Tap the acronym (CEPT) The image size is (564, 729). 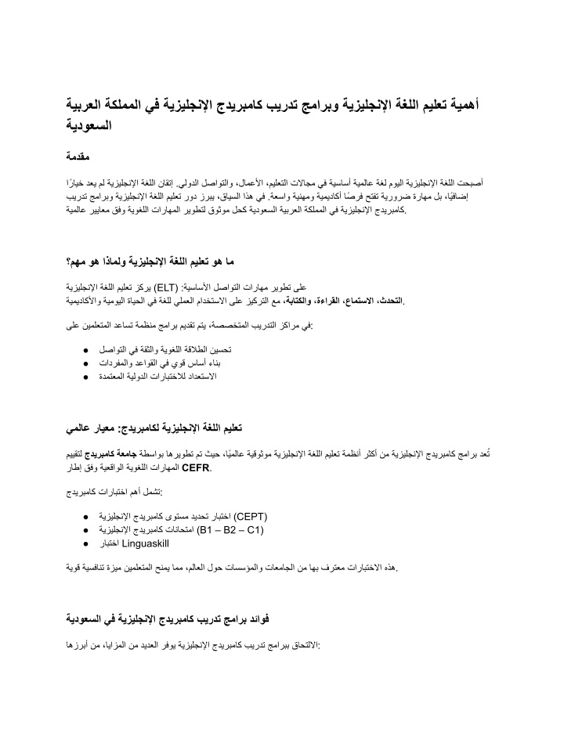(x=251, y=518)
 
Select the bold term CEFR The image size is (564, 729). (x=196, y=470)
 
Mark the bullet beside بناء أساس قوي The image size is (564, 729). (x=85, y=364)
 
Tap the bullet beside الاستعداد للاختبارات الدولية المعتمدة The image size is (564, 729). (x=85, y=377)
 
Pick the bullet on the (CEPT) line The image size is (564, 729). (x=85, y=518)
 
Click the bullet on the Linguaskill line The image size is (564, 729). (x=85, y=543)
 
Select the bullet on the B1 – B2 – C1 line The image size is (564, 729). (x=85, y=530)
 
